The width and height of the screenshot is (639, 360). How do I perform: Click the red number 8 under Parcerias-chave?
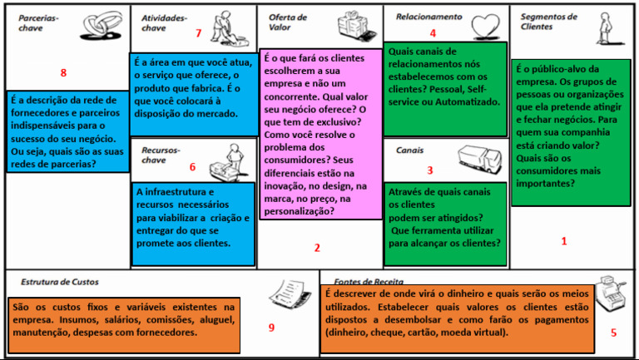coord(63,72)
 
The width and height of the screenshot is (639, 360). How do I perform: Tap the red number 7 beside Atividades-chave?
coord(198,33)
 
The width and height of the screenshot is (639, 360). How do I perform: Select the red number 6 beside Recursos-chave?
coord(192,166)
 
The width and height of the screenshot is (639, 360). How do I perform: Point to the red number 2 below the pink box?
coord(317,247)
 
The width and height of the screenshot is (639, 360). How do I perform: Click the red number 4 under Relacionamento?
coord(432,33)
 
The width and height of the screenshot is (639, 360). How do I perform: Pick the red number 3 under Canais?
coord(430,170)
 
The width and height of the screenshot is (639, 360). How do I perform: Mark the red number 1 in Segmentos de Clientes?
coord(564,241)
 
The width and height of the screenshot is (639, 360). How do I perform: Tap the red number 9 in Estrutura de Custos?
coord(271,327)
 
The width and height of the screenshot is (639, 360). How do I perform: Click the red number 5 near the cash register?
coord(613,333)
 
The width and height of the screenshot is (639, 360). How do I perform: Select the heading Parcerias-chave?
coord(38,22)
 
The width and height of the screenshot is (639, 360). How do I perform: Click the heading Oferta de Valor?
coord(288,22)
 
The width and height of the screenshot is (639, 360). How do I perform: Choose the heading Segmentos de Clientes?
coord(548,21)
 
